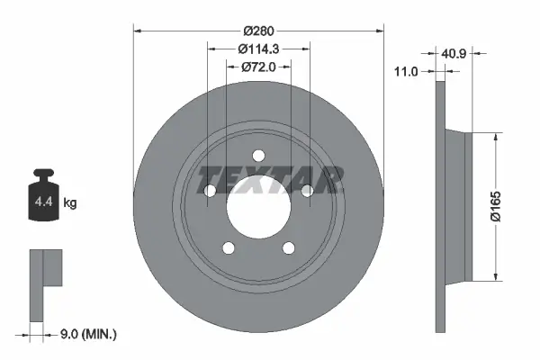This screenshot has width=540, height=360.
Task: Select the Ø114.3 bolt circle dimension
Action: point(258,49)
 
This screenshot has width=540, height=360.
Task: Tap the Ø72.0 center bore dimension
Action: point(258,67)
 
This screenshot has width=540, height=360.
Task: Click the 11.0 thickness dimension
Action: point(409,69)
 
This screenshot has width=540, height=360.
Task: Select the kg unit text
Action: point(70,203)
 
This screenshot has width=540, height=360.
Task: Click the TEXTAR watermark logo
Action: point(269,179)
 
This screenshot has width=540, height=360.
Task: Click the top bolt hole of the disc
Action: point(258,154)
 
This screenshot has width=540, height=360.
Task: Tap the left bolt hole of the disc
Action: point(209,190)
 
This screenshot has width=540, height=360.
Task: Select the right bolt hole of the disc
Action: point(307,189)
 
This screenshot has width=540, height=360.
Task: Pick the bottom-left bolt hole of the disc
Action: point(228,248)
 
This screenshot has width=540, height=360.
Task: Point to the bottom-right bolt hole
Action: point(289,248)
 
